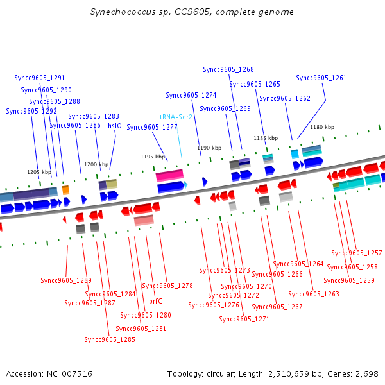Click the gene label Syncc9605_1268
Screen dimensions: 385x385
pyautogui.click(x=228, y=69)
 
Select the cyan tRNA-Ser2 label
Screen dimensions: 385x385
pyautogui.click(x=176, y=117)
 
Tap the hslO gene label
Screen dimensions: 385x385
pyautogui.click(x=115, y=126)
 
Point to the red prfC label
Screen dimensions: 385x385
pyautogui.click(x=155, y=301)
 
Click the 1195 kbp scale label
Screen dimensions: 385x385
pyautogui.click(x=153, y=157)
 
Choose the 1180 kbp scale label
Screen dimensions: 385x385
pyautogui.click(x=322, y=127)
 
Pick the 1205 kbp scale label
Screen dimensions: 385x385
pyautogui.click(x=39, y=172)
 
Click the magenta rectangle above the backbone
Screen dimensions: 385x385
pyautogui.click(x=169, y=175)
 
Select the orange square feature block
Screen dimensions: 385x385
pyautogui.click(x=65, y=190)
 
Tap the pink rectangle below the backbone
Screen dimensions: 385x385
pyautogui.click(x=144, y=220)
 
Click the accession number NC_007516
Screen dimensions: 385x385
pyautogui.click(x=69, y=374)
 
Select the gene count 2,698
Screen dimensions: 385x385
pyautogui.click(x=367, y=374)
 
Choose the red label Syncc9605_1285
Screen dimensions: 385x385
pyautogui.click(x=110, y=339)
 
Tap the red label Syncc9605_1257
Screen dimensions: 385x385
pyautogui.click(x=357, y=253)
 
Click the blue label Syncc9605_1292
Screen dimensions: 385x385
pyautogui.click(x=31, y=111)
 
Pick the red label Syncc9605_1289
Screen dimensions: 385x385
pyautogui.click(x=66, y=280)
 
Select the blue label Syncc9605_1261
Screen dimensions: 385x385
pyautogui.click(x=321, y=78)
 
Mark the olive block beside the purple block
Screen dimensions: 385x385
pyautogui.click(x=112, y=184)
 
